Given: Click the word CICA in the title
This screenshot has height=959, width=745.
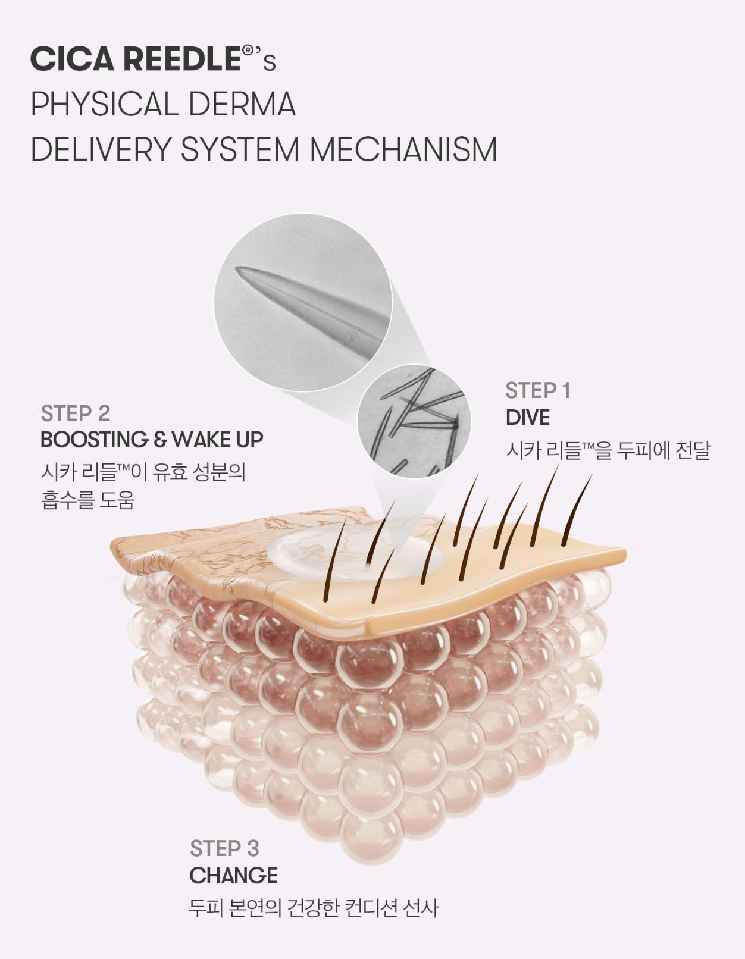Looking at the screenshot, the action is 72,59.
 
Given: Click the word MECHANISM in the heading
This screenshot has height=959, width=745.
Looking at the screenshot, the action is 403,149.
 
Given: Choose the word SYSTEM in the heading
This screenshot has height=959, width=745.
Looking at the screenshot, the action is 240,149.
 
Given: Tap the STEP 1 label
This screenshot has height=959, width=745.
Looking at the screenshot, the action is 537,391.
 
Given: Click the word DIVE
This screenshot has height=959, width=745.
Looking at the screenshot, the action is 528,418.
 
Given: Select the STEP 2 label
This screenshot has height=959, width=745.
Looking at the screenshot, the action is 75,413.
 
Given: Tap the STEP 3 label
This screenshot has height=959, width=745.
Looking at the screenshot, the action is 224,848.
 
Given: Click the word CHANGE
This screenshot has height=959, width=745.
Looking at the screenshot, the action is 233,876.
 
